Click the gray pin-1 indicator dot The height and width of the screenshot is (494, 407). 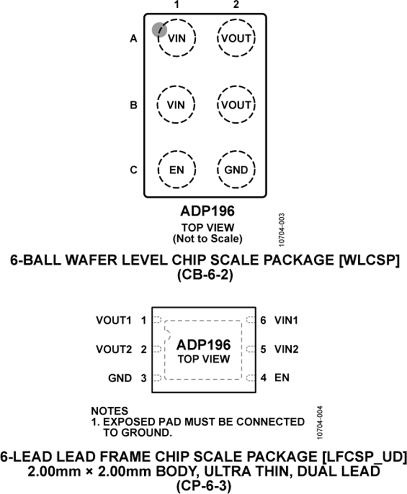tap(159, 29)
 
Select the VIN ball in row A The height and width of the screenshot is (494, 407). tap(177, 38)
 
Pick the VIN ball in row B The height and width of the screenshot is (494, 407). tap(176, 105)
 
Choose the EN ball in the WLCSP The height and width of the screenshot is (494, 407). tap(177, 170)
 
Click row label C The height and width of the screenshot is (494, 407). tap(133, 170)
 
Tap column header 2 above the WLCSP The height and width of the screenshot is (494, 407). tap(236, 5)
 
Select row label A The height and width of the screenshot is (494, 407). tap(133, 39)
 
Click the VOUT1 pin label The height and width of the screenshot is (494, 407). tap(114, 320)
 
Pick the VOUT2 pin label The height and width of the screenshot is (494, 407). tap(114, 349)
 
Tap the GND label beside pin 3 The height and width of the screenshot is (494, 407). tap(120, 378)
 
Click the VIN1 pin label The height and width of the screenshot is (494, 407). tap(287, 320)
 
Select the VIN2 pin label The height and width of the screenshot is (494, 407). tap(287, 349)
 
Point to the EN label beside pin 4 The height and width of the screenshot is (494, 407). tap(282, 377)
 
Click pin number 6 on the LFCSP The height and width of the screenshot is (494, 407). tap(263, 320)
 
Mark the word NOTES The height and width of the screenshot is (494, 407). tap(109, 411)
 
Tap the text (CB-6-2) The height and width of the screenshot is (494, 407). tap(204, 275)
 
